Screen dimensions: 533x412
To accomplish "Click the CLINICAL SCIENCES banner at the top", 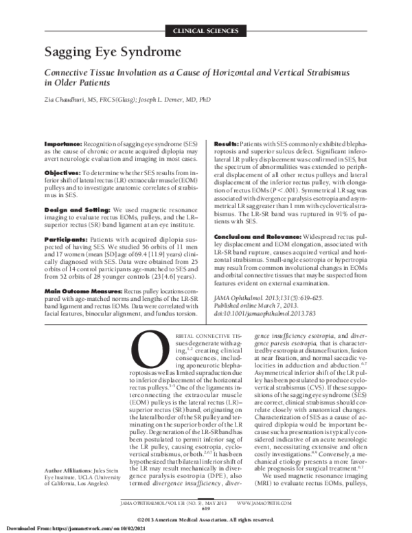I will (x=206, y=32).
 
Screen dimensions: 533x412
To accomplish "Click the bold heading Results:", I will (x=229, y=143).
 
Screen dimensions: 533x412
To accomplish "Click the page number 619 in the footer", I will (x=206, y=508).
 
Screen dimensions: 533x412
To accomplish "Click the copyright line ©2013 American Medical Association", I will (x=206, y=519).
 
